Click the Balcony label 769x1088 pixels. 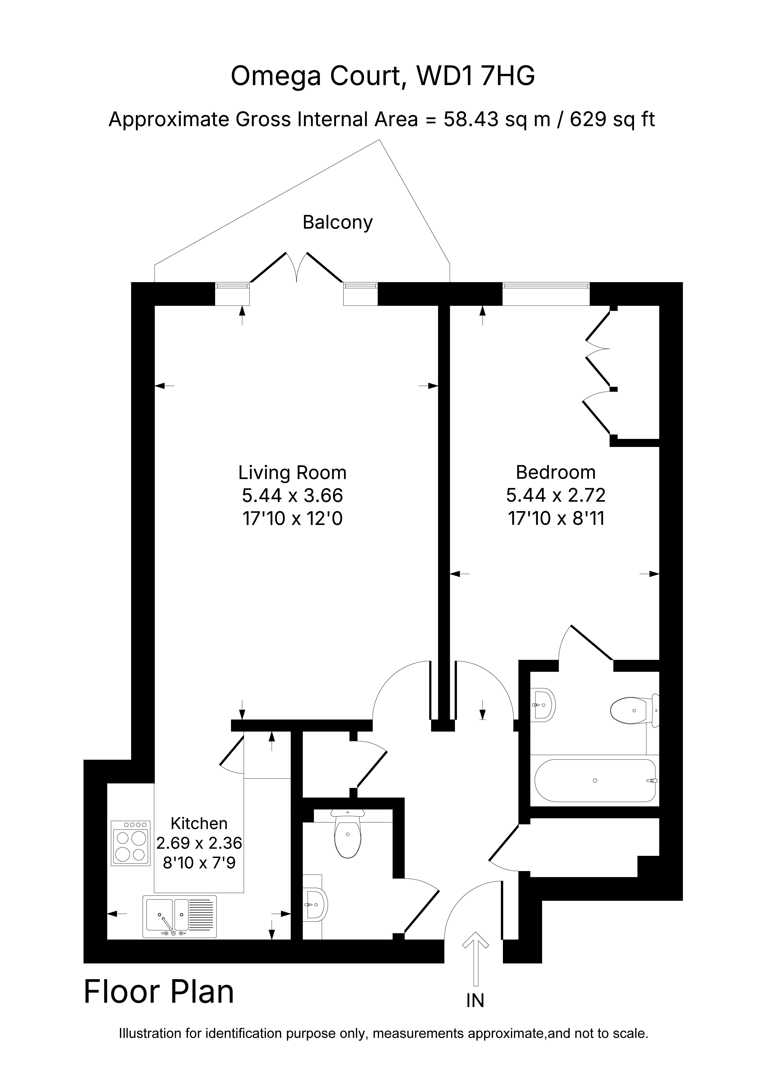pos(338,223)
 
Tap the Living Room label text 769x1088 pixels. pos(292,473)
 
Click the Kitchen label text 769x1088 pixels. pos(199,824)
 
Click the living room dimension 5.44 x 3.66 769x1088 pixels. pos(292,496)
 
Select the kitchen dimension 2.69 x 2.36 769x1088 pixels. pos(199,843)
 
